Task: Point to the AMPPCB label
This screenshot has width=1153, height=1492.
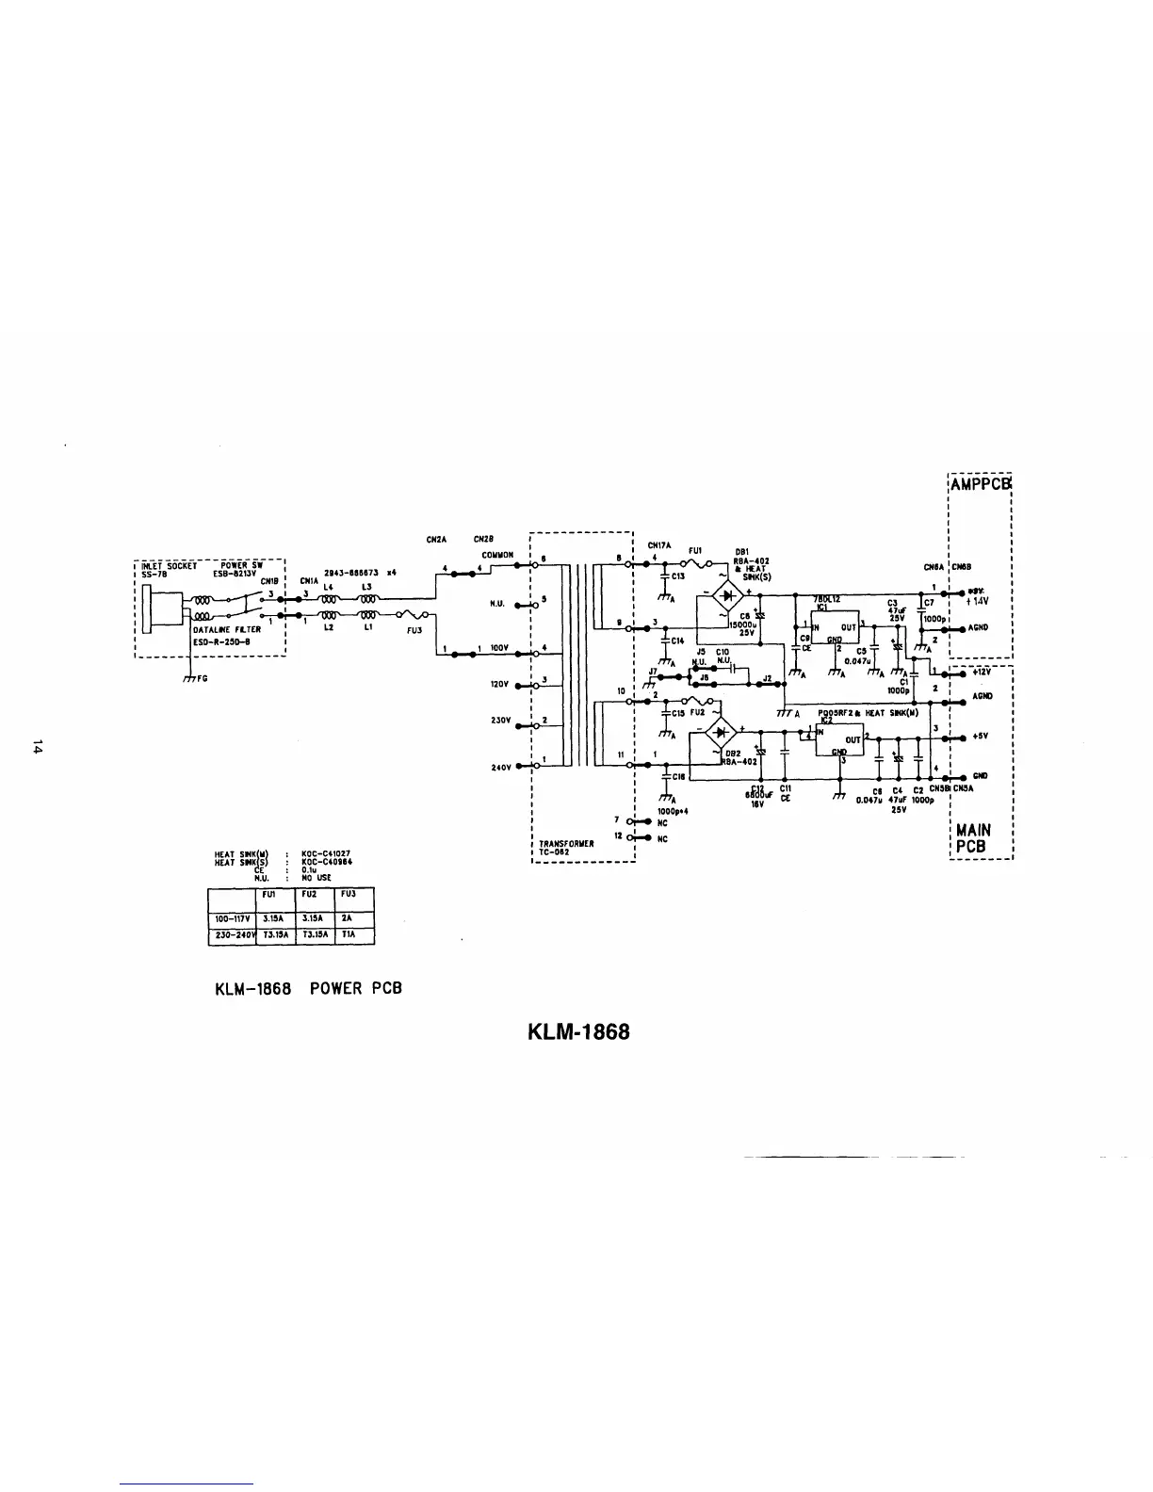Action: click(x=981, y=484)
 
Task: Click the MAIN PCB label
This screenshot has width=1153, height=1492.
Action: click(x=973, y=838)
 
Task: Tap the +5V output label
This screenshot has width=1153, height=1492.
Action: click(x=980, y=738)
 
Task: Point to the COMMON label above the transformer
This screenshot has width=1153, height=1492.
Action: click(x=496, y=555)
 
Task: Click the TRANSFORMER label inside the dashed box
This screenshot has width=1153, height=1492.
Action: click(x=565, y=843)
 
